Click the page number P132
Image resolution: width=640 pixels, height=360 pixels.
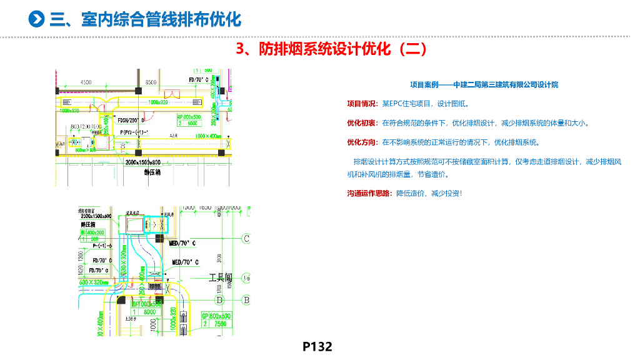(317, 346)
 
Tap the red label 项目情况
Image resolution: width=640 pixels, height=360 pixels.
(362, 104)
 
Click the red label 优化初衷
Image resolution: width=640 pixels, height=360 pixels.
(362, 122)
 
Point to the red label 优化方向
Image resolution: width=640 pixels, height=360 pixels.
(362, 142)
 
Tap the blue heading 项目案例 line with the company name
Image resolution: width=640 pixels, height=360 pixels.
(484, 84)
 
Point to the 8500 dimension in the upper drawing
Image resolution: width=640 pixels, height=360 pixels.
(150, 82)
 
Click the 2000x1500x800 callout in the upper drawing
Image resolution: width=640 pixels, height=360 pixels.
(142, 162)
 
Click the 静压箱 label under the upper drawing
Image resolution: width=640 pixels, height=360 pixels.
(152, 172)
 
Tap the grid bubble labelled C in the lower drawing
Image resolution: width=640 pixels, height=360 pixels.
(246, 239)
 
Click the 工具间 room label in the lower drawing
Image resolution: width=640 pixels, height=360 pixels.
(220, 276)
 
